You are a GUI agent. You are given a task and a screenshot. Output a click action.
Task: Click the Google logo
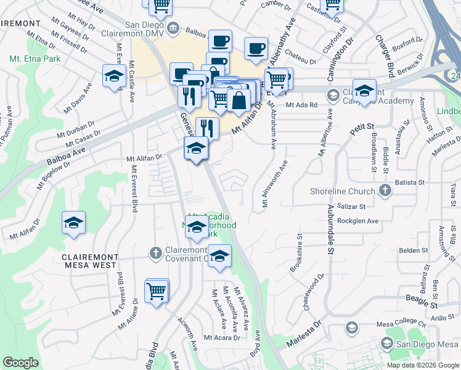click(x=21, y=362)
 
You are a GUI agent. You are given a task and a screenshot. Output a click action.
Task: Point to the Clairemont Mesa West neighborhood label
click(x=89, y=260)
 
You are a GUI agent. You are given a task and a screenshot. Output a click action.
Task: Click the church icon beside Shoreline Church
click(x=385, y=189)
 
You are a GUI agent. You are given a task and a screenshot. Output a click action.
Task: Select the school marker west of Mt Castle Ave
click(x=114, y=78)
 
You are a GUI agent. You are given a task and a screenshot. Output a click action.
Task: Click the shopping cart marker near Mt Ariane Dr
click(x=157, y=290)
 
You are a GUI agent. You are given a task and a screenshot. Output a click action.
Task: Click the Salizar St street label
click(x=351, y=207)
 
